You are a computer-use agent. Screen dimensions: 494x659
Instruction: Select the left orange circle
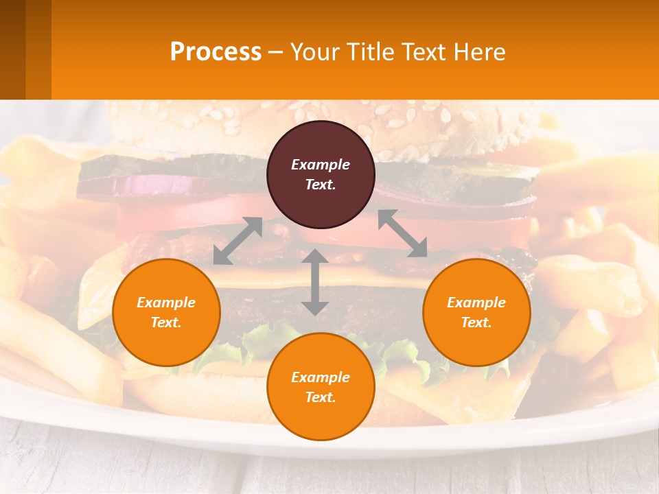(x=166, y=312)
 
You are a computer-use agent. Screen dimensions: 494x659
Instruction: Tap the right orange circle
(x=476, y=312)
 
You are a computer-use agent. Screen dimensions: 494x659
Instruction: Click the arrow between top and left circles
(x=238, y=241)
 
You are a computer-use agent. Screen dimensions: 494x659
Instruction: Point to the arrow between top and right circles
(x=402, y=234)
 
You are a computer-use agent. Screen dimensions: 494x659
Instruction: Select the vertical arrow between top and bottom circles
(x=314, y=282)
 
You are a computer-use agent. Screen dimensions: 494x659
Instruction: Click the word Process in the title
(x=216, y=51)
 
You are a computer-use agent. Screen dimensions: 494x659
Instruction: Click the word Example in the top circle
(x=321, y=165)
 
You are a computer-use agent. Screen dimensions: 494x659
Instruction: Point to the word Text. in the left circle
(x=166, y=322)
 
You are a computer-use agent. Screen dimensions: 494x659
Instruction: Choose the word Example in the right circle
(x=476, y=303)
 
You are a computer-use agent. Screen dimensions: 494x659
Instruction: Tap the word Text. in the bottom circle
(x=321, y=397)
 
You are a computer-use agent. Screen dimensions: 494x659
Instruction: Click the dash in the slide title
(x=276, y=52)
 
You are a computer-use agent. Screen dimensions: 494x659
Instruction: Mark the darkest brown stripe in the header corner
(x=12, y=49)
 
